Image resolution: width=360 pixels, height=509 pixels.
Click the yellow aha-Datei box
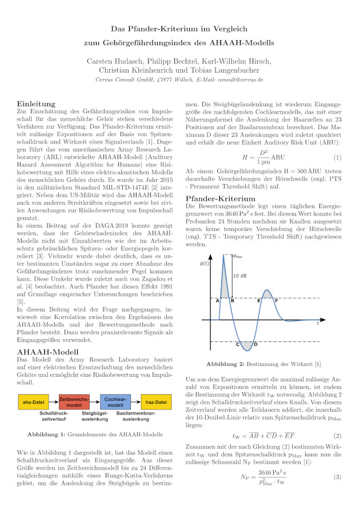[33, 401]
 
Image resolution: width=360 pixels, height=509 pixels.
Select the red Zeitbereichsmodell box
[74, 401]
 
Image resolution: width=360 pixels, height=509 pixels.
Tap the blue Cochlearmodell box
[115, 401]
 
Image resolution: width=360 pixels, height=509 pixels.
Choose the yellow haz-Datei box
[157, 401]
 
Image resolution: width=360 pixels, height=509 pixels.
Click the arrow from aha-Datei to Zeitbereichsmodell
[54, 401]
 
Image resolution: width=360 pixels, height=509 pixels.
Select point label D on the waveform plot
[255, 344]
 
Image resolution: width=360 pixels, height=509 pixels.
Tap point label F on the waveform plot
[277, 300]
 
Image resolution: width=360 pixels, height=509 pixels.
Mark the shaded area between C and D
[246, 345]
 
